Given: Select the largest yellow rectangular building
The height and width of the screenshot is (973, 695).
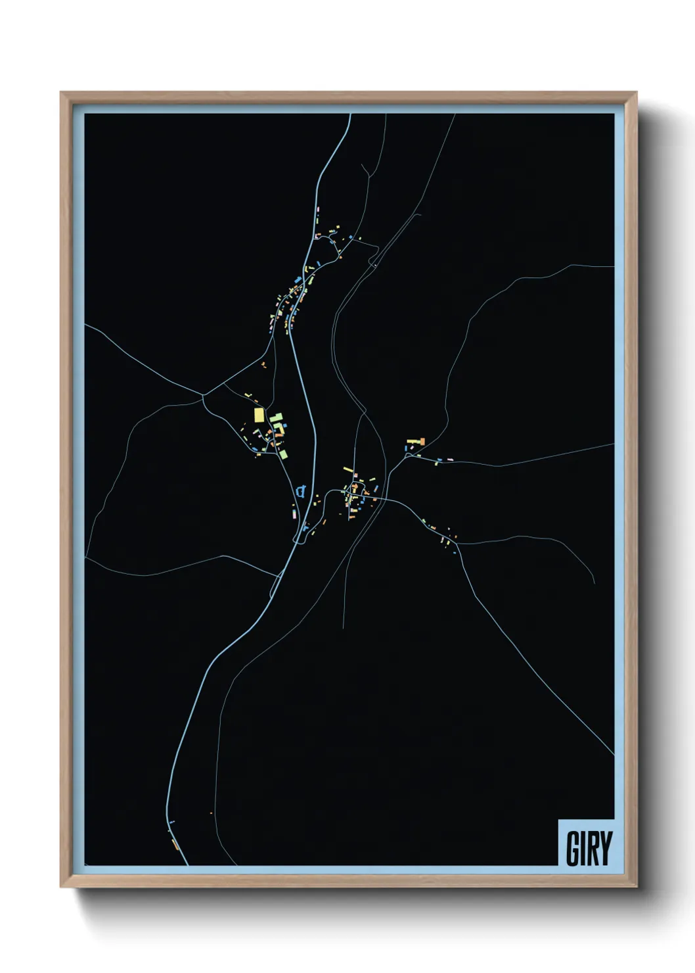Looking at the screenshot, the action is pyautogui.click(x=259, y=415).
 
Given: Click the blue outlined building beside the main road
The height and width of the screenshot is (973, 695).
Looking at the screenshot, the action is pyautogui.click(x=301, y=490).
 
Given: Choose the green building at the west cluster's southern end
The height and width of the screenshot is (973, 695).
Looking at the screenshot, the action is pyautogui.click(x=283, y=454).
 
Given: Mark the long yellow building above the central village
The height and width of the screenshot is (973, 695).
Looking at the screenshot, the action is pyautogui.click(x=348, y=469).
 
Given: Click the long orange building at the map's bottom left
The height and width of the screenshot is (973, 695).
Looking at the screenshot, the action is pyautogui.click(x=174, y=843).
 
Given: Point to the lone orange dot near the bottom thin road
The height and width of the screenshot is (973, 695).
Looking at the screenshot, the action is pyautogui.click(x=212, y=813).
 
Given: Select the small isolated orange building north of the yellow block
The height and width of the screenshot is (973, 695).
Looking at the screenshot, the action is pyautogui.click(x=263, y=363).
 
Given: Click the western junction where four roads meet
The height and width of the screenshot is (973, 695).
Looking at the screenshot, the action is pyautogui.click(x=204, y=395).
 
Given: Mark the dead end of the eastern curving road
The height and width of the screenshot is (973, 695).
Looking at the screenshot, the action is pyautogui.click(x=594, y=582).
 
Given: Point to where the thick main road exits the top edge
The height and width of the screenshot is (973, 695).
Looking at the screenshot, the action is pyautogui.click(x=350, y=114).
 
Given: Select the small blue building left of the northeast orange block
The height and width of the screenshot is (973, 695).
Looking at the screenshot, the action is pyautogui.click(x=405, y=448).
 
